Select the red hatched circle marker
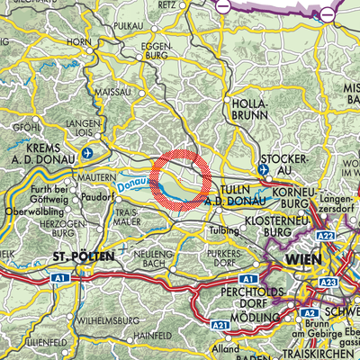(x=180, y=180)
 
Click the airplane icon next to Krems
(x=86, y=153)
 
